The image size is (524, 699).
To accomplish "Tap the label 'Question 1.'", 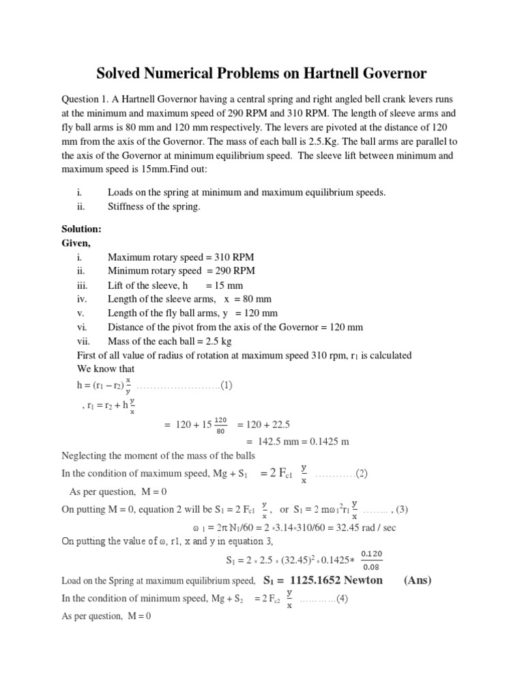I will click(87, 100).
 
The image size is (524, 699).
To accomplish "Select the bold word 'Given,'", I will click(76, 242).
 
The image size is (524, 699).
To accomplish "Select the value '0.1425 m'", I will click(327, 441).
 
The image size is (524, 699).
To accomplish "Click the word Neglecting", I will click(87, 455).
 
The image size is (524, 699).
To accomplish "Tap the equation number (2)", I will click(362, 473).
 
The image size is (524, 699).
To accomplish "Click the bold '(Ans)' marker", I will click(418, 580).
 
